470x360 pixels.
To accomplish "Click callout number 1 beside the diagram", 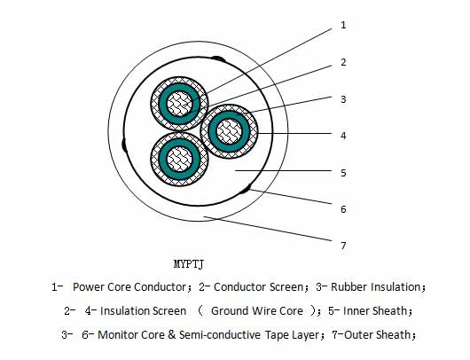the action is pyautogui.click(x=343, y=25).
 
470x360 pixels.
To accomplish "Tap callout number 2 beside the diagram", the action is pyautogui.click(x=343, y=62).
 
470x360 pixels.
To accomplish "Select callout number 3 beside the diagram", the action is pyautogui.click(x=343, y=99).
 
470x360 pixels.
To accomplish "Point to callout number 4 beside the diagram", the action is pyautogui.click(x=343, y=136).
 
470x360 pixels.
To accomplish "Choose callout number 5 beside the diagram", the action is pyautogui.click(x=343, y=173).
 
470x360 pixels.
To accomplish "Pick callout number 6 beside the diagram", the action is pyautogui.click(x=343, y=209).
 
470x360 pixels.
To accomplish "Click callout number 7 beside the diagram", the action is pyautogui.click(x=343, y=246).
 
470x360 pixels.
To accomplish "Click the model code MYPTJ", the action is pyautogui.click(x=189, y=264).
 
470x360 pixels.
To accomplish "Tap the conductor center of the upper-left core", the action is pyautogui.click(x=179, y=104).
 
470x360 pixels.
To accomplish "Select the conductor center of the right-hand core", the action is pyautogui.click(x=230, y=131).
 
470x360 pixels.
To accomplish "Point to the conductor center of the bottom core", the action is pyautogui.click(x=179, y=159).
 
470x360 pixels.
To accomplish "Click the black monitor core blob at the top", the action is pyautogui.click(x=218, y=59).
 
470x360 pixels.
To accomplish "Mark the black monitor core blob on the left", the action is pyautogui.click(x=124, y=145).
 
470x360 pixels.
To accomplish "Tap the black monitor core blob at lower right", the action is pyautogui.click(x=245, y=190).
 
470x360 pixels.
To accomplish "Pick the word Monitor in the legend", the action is pyautogui.click(x=117, y=335).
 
